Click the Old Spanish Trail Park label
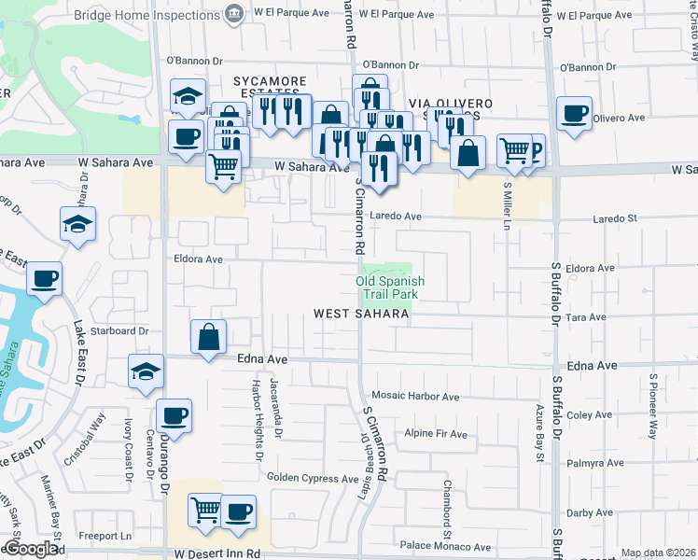tap(391, 287)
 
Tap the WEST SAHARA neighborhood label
tap(361, 315)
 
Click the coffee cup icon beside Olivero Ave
tap(572, 114)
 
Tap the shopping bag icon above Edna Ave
tap(209, 336)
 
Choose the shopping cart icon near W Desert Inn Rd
tap(206, 510)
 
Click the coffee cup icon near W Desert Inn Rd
tap(239, 511)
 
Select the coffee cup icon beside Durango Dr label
tap(173, 415)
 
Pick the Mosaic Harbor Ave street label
tap(415, 397)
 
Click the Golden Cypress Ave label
tap(313, 479)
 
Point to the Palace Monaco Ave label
tap(445, 547)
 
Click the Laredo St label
tap(613, 218)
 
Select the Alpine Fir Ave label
tap(435, 434)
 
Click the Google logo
tap(31, 549)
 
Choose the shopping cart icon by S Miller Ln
tap(513, 149)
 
